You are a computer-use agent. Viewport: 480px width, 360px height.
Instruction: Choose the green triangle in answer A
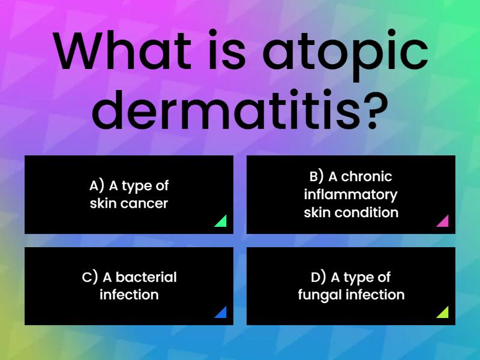[x=221, y=221]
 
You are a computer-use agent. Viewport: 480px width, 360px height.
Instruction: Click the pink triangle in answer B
[x=443, y=221]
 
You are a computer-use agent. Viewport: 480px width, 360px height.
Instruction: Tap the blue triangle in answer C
[x=221, y=313]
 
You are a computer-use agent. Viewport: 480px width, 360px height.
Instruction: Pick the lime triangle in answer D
[x=443, y=313]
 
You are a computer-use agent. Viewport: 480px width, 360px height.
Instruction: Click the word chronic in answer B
[x=367, y=176]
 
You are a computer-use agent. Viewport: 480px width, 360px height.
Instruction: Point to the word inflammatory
[x=350, y=194]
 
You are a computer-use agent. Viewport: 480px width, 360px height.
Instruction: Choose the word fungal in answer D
[x=318, y=295]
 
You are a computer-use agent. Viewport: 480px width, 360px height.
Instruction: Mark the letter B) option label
[x=317, y=176]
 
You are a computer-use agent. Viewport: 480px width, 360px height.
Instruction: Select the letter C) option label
[x=90, y=277]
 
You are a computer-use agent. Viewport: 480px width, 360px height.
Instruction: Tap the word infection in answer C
[x=129, y=295]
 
